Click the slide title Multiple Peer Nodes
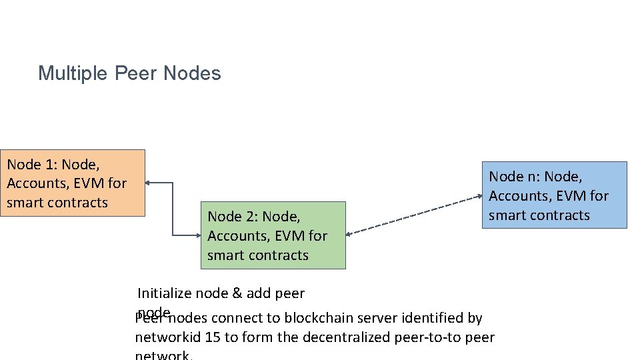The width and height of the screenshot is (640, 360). [x=129, y=73]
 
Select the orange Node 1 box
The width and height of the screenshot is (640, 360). [x=73, y=183]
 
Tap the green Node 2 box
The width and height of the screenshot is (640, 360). [x=273, y=235]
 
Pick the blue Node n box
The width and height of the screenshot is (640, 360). [x=554, y=195]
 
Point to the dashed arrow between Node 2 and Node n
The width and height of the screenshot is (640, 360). [x=413, y=215]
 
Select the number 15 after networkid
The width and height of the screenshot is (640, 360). [x=213, y=337]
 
